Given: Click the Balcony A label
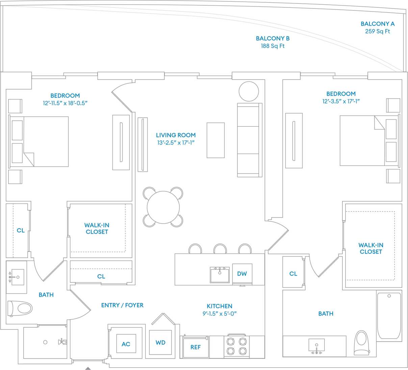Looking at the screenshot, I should (377, 24).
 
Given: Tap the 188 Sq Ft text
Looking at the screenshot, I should (273, 46).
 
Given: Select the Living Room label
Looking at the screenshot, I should (176, 135).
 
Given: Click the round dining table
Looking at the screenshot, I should (163, 207).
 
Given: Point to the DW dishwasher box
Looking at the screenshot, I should (242, 274).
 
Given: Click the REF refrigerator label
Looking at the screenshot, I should (195, 347).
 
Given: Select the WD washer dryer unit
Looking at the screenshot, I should (160, 342).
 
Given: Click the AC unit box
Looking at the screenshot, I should (126, 344).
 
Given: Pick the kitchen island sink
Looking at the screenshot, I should (220, 274).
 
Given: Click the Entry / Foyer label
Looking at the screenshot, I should (122, 305).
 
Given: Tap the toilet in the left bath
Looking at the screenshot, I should (20, 308).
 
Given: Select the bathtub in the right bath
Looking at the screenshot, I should (389, 316).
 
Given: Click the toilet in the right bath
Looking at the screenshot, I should (361, 342).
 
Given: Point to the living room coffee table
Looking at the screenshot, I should (215, 140).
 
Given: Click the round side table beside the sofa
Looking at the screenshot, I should (249, 91).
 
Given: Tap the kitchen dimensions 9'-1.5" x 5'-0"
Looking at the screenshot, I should (220, 314).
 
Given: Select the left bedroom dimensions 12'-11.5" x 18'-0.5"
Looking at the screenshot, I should (65, 103).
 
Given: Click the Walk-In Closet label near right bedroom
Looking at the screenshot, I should (371, 248).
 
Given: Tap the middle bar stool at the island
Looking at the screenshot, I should (220, 249).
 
